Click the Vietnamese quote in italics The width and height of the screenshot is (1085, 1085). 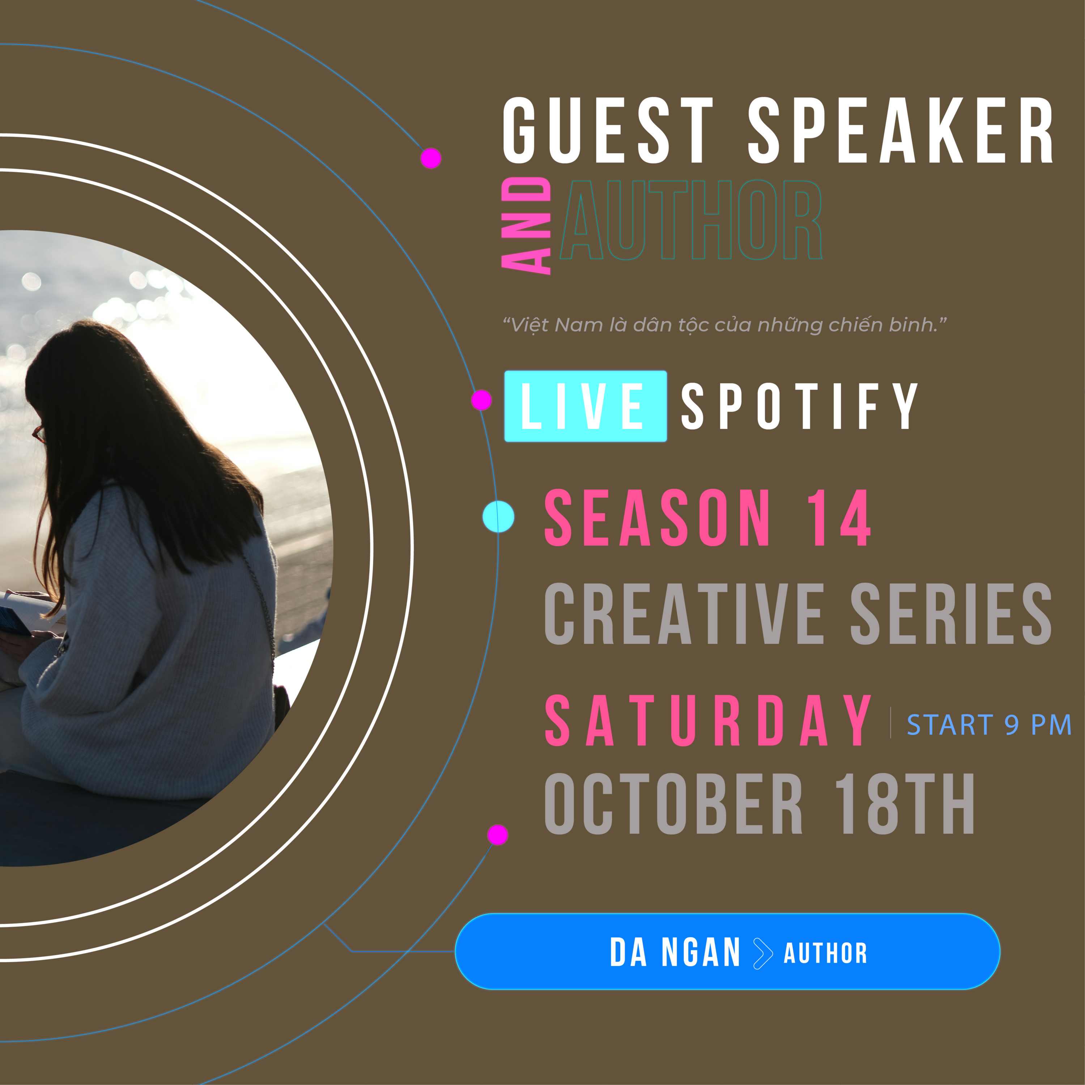pos(724,325)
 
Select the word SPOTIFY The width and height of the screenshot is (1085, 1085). pos(800,406)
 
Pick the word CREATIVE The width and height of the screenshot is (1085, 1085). pos(684,613)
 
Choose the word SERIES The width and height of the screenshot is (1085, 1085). pos(951,613)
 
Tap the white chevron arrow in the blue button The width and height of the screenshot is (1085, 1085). pos(763,953)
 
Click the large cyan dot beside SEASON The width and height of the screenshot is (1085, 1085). pos(498,517)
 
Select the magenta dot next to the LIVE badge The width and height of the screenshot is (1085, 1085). pos(481,400)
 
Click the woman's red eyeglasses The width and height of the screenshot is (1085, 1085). pos(39,434)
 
